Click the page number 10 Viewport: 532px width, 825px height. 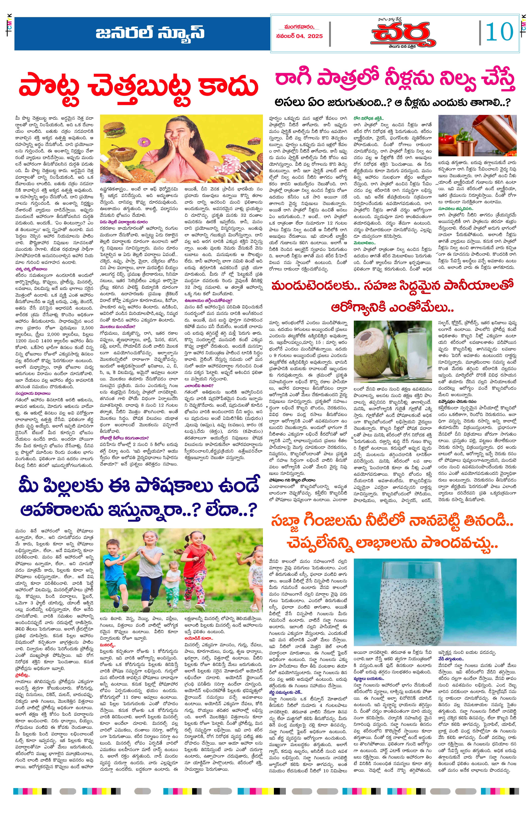(x=500, y=32)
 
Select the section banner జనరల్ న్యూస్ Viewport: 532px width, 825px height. (x=150, y=34)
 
